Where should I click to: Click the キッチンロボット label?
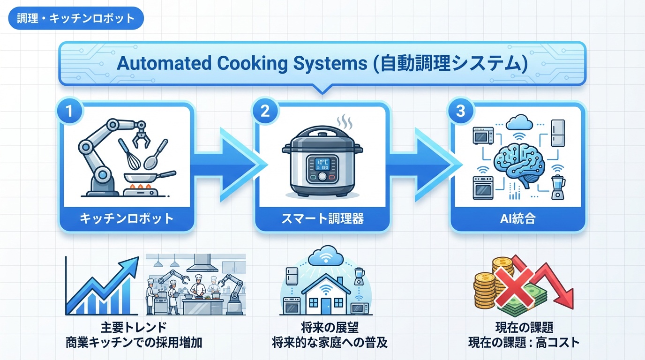click(x=127, y=218)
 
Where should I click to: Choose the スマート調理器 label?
click(x=322, y=218)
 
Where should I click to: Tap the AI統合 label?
click(x=517, y=218)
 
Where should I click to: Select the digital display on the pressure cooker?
click(x=322, y=164)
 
